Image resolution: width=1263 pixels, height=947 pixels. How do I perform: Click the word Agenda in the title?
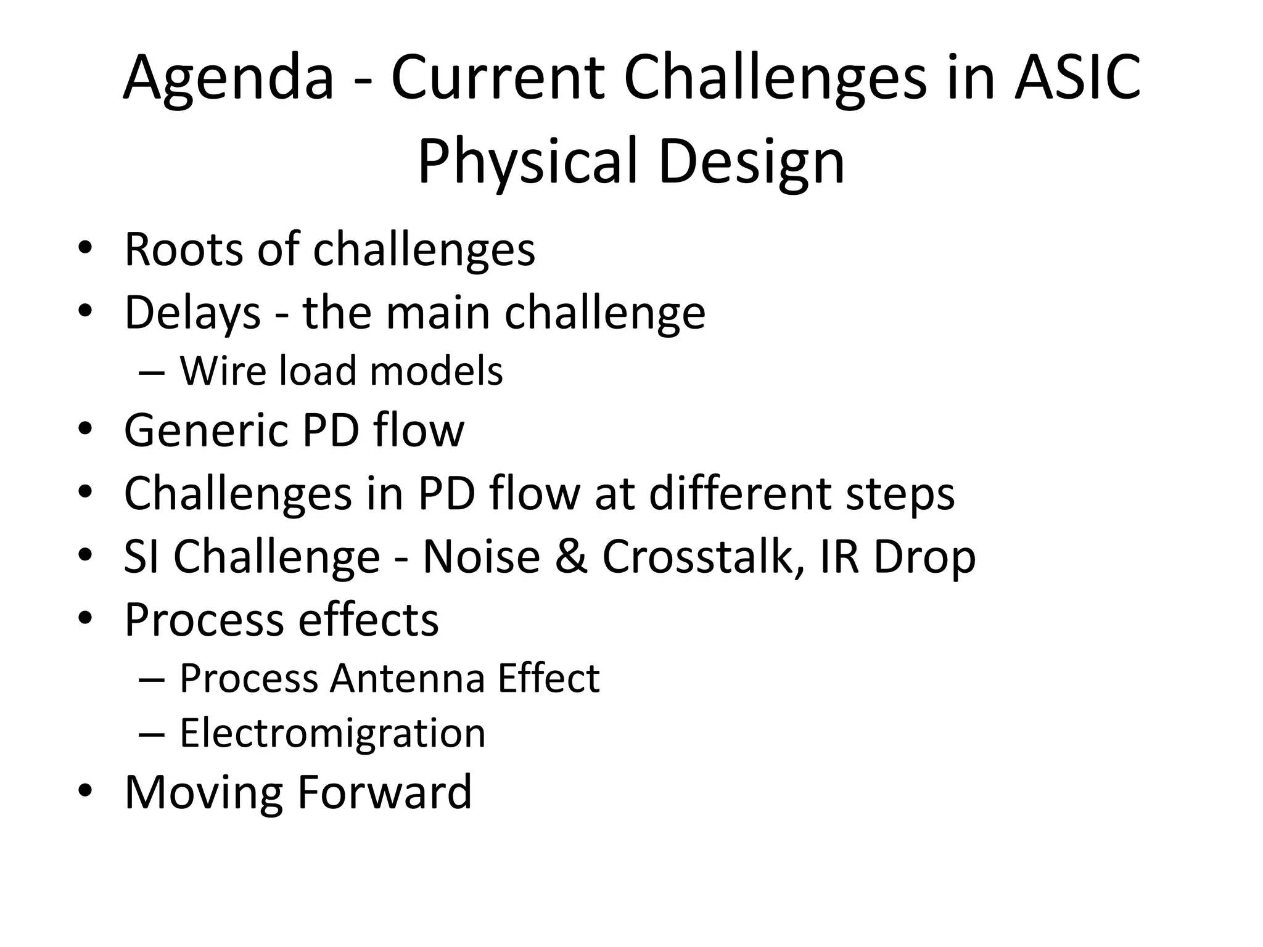pos(228,79)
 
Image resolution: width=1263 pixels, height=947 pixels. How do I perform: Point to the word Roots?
pos(184,250)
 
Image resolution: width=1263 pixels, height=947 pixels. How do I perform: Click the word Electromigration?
pos(332,733)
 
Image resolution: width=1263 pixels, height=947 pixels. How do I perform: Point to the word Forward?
pos(384,792)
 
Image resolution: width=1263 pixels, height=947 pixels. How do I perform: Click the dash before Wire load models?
pos(152,372)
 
